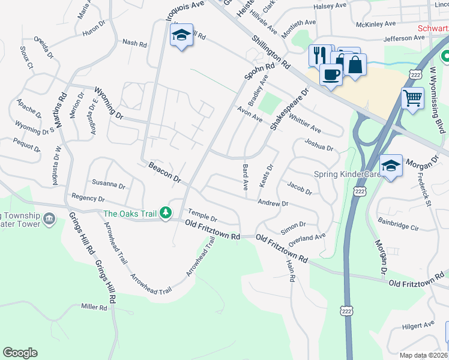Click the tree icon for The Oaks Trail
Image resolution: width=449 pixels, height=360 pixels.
[x=166, y=213]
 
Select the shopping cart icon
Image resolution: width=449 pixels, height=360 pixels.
[x=412, y=97]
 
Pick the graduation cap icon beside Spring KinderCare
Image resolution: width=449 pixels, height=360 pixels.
[x=391, y=165]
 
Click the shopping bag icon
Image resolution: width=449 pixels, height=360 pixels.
[x=355, y=64]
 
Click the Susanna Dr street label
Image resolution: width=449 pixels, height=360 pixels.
[x=108, y=184]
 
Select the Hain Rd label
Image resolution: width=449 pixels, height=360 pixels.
[x=292, y=271]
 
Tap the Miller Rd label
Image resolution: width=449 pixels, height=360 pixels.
[x=94, y=307]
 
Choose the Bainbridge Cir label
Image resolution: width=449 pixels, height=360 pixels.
[x=398, y=226]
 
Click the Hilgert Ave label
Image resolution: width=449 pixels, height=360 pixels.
[x=418, y=325]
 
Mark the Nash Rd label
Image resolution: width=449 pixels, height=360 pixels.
[x=134, y=43]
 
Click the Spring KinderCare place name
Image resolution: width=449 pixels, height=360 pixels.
[x=347, y=175]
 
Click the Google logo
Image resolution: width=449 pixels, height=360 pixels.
[x=20, y=353]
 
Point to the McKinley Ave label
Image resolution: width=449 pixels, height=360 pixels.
[x=375, y=24]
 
